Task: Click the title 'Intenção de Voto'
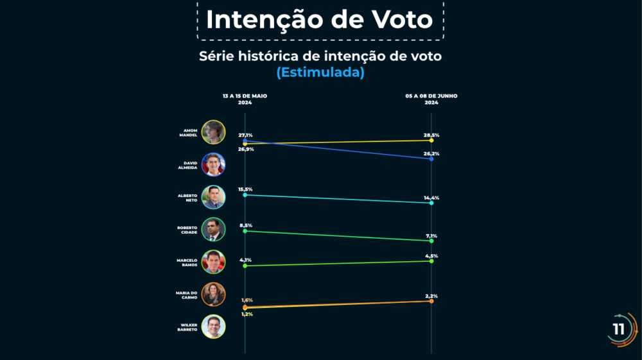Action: [x=319, y=19]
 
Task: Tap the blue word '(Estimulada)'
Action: [x=320, y=73]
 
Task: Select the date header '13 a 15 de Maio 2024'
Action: [x=245, y=99]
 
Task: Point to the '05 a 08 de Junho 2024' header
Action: [x=431, y=99]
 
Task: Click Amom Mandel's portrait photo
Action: [x=213, y=132]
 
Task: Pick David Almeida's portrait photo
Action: [x=213, y=165]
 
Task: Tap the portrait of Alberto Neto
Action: [x=213, y=197]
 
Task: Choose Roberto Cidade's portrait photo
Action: [x=213, y=230]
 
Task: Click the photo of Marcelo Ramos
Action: [x=213, y=262]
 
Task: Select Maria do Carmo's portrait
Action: [x=213, y=295]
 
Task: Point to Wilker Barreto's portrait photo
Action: [x=213, y=327]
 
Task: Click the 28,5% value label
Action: [x=431, y=135]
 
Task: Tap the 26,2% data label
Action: [x=431, y=154]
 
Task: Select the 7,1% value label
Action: [x=431, y=236]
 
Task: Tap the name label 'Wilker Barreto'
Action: [x=187, y=327]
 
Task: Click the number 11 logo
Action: [x=619, y=329]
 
